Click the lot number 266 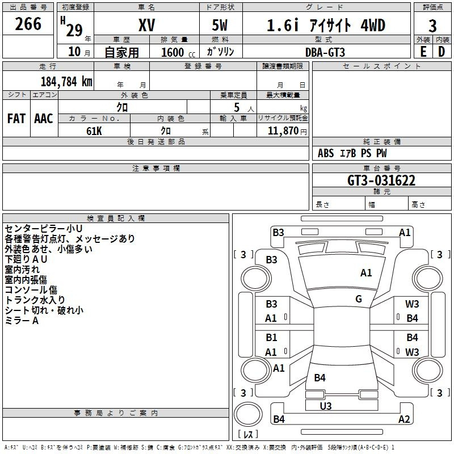[28, 24]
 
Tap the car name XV [147, 25]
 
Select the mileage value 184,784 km [66, 82]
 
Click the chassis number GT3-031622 [381, 180]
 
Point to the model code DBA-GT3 [325, 52]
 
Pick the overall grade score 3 [432, 26]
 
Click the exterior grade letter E [423, 52]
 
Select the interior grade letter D [442, 52]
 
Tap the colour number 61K [94, 131]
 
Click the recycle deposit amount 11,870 [283, 131]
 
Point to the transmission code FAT [16, 119]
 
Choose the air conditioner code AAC [44, 119]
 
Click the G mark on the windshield [359, 299]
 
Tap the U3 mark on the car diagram [326, 406]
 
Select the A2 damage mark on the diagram [404, 419]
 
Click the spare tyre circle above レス [248, 414]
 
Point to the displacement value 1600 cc [178, 52]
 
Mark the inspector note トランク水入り [35, 300]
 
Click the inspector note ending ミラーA [22, 321]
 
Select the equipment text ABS [326, 153]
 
